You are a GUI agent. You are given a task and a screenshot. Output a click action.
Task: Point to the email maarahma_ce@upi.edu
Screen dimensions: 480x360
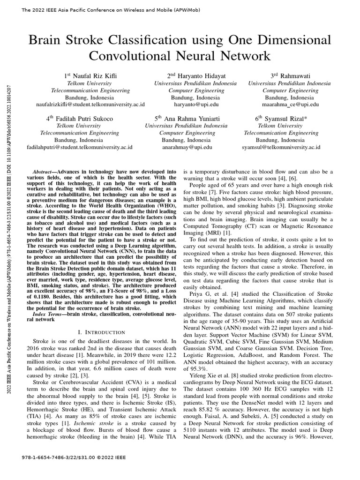coord(291,105)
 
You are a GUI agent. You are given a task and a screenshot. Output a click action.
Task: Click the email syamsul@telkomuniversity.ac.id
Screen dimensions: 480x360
coord(281,147)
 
